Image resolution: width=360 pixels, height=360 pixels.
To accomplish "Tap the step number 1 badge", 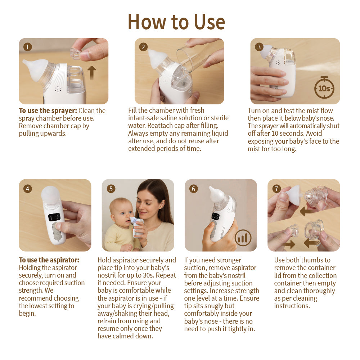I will coord(28,47).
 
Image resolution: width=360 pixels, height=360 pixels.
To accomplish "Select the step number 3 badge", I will coord(259,47).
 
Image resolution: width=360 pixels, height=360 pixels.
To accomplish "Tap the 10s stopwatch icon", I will coord(324,87).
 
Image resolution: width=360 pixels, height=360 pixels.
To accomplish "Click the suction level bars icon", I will coord(243,238).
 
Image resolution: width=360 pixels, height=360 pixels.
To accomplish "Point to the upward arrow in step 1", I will coord(92,72).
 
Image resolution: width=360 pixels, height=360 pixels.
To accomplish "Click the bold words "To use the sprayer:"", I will coord(48,111).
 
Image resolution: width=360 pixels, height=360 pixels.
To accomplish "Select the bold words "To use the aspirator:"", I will coord(49,260).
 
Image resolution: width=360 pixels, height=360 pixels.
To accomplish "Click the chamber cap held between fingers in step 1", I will coord(76,53).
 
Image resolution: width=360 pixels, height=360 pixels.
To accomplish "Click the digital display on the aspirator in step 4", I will coord(55,217).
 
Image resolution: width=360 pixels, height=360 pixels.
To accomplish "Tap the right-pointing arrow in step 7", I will coord(289,244).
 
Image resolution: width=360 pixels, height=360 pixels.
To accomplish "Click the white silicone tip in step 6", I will coord(217,194).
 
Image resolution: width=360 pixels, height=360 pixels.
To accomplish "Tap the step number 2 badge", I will coord(143,47).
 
